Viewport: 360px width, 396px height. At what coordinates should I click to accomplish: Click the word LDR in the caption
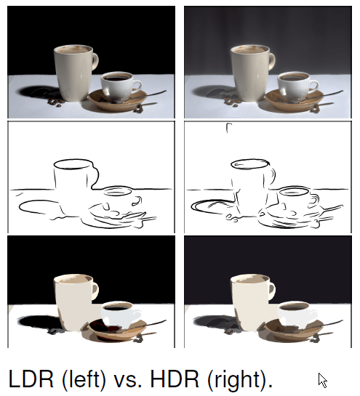point(31,379)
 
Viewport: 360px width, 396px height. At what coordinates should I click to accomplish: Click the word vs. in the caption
point(128,381)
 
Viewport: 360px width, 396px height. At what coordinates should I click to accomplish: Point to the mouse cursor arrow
point(322,380)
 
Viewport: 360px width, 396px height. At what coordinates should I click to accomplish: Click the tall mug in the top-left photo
point(74,73)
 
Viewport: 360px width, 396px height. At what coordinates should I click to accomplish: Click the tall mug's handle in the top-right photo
point(272,61)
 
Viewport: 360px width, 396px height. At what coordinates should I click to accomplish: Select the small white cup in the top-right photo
point(297,86)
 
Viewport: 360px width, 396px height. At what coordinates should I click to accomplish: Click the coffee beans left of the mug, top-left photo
point(56,102)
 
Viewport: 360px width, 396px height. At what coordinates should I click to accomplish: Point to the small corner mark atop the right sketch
point(228,128)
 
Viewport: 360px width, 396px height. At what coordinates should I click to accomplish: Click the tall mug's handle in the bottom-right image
point(272,291)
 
